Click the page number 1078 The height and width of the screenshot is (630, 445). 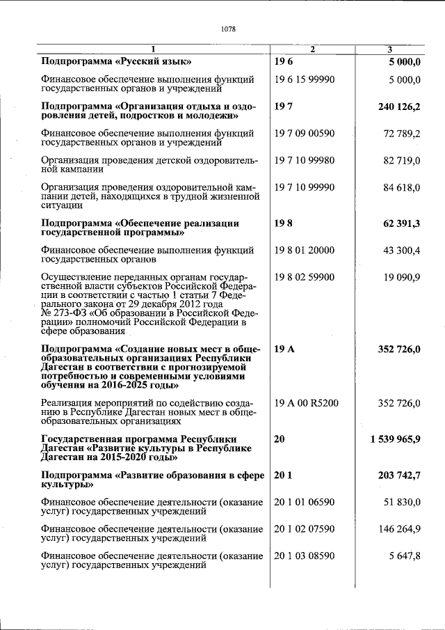pyautogui.click(x=228, y=29)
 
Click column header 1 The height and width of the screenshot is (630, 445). pyautogui.click(x=154, y=49)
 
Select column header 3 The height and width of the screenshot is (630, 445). pyautogui.click(x=389, y=49)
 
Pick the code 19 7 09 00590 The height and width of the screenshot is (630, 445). pyautogui.click(x=305, y=133)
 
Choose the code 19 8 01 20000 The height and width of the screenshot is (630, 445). pyautogui.click(x=305, y=249)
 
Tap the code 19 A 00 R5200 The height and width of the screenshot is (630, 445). pyautogui.click(x=307, y=402)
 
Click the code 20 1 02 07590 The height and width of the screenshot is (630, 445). pyautogui.click(x=305, y=528)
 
